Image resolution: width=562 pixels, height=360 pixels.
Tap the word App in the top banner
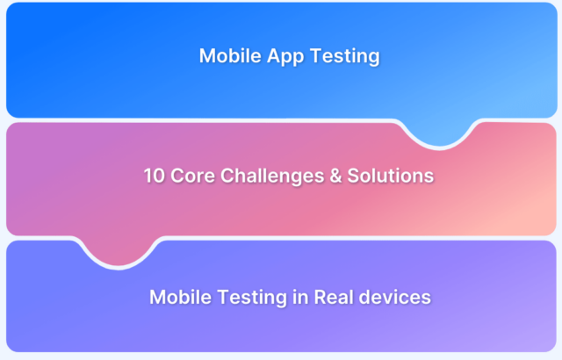click(x=283, y=56)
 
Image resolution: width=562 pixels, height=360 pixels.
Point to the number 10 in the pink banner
click(x=155, y=176)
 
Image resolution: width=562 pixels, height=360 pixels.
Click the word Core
click(x=193, y=176)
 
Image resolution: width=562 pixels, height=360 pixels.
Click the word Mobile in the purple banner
click(x=179, y=297)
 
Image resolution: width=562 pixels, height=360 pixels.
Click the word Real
click(x=335, y=297)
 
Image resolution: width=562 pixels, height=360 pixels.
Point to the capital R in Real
click(x=321, y=297)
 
